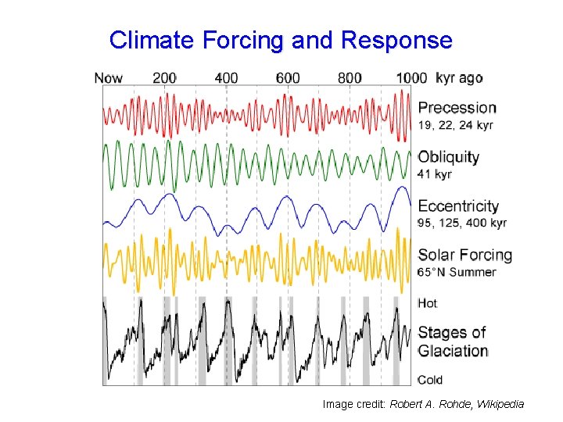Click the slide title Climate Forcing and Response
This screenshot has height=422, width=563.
pos(281,40)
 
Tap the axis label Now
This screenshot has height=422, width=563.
pos(108,78)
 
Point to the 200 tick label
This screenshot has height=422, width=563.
pos(164,78)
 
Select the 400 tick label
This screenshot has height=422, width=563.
pos(226,78)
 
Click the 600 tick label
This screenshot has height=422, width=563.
pos(288,78)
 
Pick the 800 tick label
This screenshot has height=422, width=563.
pos(350,78)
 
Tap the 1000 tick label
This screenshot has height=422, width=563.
pos(411,78)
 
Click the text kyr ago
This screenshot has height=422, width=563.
pos(459,78)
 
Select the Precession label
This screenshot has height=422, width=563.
pos(457,108)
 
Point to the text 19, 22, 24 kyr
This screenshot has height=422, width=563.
pos(456,125)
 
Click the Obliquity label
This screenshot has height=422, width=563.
pos(449,156)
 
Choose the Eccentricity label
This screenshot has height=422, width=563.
pos(458,206)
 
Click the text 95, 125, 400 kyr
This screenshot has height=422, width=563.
pos(462,223)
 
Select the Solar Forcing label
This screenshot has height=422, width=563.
pos(465,255)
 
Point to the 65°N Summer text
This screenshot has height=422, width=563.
pos(457,272)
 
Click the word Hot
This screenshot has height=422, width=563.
pos(428,303)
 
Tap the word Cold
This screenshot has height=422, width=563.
pos(430,380)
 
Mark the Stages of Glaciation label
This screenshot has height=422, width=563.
pos(453,342)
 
